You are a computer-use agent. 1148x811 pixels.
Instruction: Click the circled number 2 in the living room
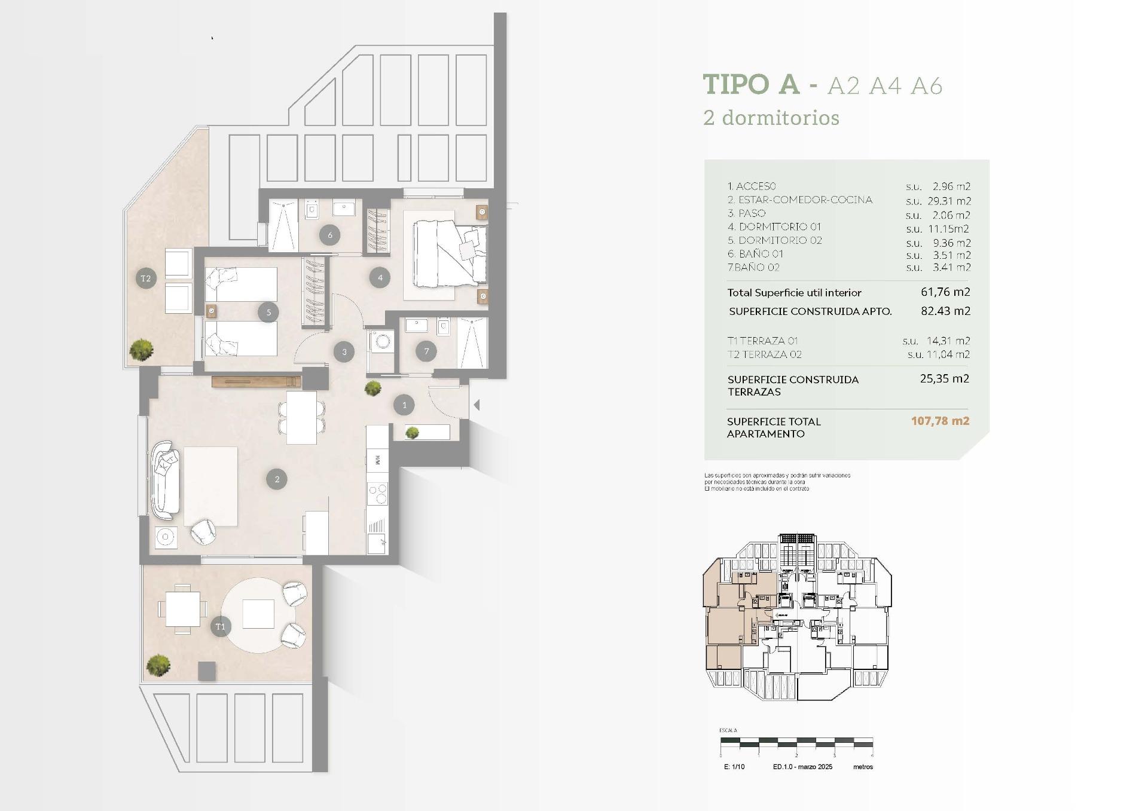pos(277,479)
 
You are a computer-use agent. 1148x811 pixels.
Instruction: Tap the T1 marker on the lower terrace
pos(221,626)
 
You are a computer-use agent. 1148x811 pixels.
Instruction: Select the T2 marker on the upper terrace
pos(145,279)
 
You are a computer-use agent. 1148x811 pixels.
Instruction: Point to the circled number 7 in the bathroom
pos(426,351)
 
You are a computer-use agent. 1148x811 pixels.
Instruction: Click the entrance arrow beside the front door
pos(477,405)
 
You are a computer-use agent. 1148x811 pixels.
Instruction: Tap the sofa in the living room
pos(166,479)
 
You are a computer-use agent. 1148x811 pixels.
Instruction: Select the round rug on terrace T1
pos(258,615)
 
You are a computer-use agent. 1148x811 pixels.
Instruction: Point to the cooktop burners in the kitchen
pos(378,494)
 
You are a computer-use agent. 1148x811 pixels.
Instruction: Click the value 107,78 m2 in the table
pos(940,421)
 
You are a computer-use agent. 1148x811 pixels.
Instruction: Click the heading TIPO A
pos(751,85)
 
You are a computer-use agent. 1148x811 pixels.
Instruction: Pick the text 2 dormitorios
pos(771,118)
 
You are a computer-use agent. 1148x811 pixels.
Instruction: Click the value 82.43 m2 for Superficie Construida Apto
pos(945,311)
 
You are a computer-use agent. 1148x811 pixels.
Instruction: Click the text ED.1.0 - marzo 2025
pos(802,767)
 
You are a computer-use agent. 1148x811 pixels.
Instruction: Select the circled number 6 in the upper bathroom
pos(330,235)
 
